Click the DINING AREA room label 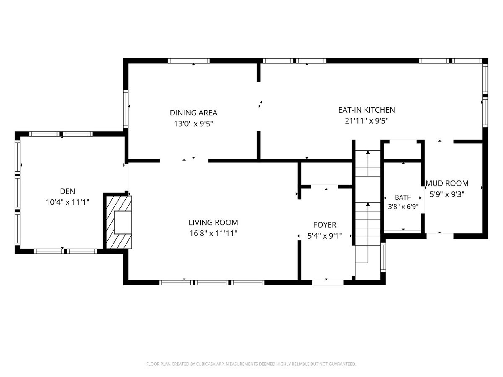[193, 113]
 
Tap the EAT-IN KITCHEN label [366, 110]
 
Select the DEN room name [67, 191]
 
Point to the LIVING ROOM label [213, 222]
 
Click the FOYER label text [325, 225]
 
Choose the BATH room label [403, 197]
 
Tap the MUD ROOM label [447, 183]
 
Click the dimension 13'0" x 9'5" [193, 124]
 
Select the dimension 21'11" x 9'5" [366, 121]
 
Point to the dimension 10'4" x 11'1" [67, 202]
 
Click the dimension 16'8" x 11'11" [213, 233]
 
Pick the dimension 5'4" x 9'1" [325, 236]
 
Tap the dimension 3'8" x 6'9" [403, 207]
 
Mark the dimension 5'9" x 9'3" [447, 194]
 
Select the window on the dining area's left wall [126, 109]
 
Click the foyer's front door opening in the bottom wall [328, 282]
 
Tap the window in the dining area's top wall [189, 61]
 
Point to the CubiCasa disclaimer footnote [251, 364]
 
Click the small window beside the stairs [383, 257]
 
